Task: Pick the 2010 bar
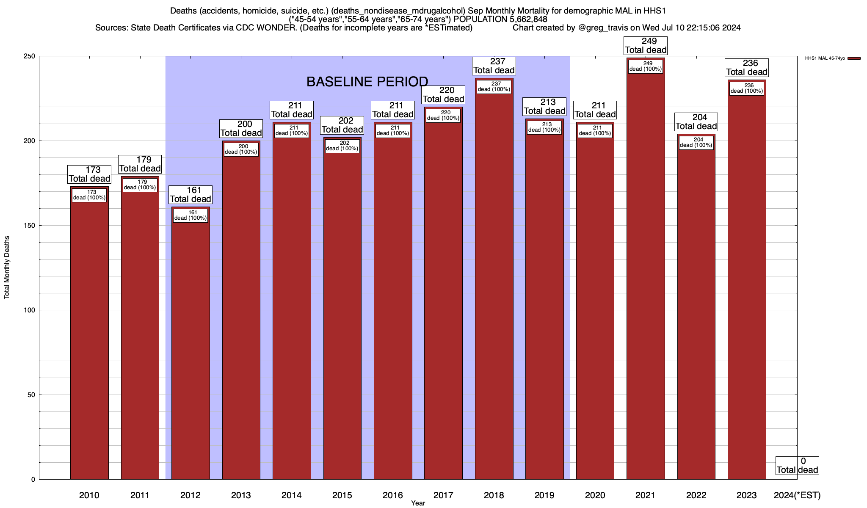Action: pyautogui.click(x=89, y=339)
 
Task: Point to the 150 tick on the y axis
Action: pyautogui.click(x=32, y=226)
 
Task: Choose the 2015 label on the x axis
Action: pyautogui.click(x=342, y=495)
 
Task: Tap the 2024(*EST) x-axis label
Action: pyautogui.click(x=797, y=495)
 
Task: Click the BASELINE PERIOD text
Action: pyautogui.click(x=367, y=82)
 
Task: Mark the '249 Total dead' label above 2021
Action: pyautogui.click(x=646, y=46)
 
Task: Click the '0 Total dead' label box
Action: pyautogui.click(x=797, y=466)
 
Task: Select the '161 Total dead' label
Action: pyautogui.click(x=191, y=195)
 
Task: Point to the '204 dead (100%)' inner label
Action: pyautogui.click(x=696, y=142)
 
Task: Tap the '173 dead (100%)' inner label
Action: pyautogui.click(x=89, y=195)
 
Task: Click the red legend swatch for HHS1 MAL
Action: pyautogui.click(x=854, y=58)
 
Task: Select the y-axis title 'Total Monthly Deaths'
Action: pyautogui.click(x=7, y=268)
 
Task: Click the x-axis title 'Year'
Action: pyautogui.click(x=418, y=503)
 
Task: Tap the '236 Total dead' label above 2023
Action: pyautogui.click(x=747, y=68)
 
